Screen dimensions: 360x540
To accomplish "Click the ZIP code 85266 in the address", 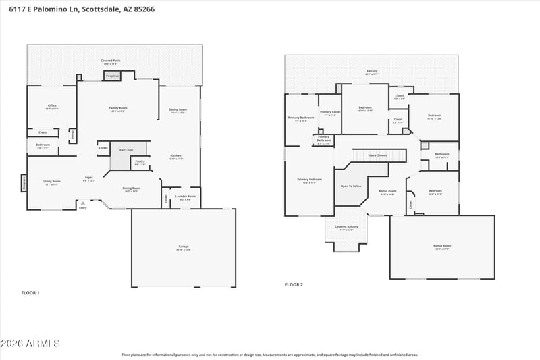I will (x=155, y=10).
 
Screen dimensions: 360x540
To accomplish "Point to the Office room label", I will (x=52, y=105).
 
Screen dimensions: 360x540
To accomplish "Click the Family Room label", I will (x=119, y=108).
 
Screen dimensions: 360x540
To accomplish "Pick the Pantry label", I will (x=140, y=161).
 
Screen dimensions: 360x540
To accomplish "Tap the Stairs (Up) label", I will (x=126, y=149).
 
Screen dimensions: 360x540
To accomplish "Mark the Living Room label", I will (x=52, y=181).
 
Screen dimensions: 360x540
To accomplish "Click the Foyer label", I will (x=88, y=178).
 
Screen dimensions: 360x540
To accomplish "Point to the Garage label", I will (x=184, y=247).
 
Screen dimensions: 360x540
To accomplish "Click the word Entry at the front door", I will (x=83, y=207).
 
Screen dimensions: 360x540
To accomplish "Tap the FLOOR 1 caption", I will (x=30, y=292).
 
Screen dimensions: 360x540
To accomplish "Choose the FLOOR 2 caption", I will (x=294, y=284).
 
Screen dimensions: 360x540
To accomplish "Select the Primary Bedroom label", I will (x=310, y=179).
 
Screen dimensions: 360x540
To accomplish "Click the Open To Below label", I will (x=351, y=186).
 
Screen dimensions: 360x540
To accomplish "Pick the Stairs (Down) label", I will (x=377, y=155).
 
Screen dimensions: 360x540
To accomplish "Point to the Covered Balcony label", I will (x=346, y=227).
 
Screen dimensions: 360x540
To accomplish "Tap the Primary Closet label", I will (x=330, y=112).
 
